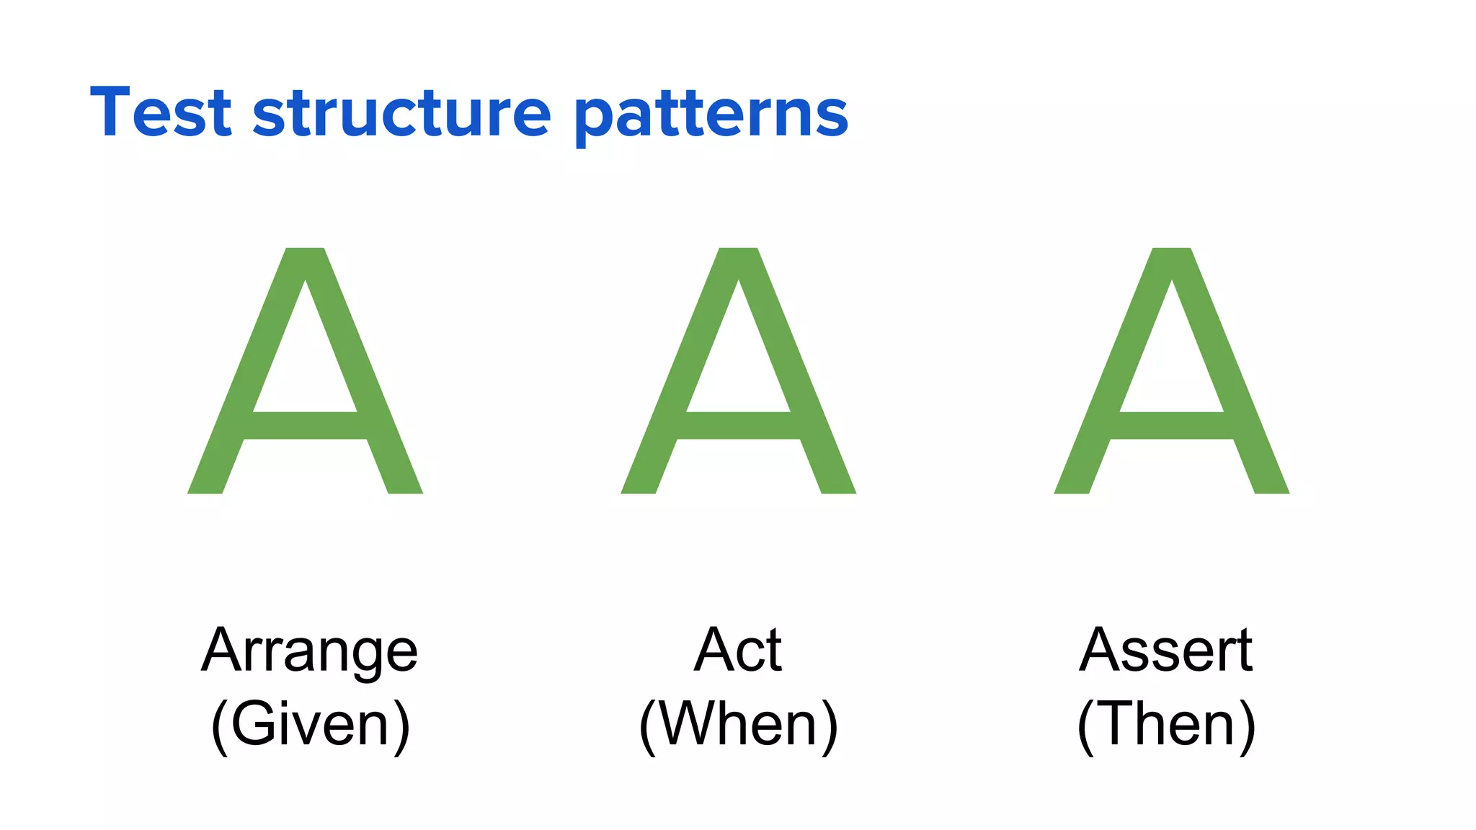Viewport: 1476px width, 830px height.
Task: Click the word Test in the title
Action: (x=160, y=112)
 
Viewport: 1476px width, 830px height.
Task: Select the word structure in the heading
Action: (x=401, y=112)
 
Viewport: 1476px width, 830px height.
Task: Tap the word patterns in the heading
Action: (x=711, y=115)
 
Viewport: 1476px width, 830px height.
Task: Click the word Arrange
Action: (x=309, y=651)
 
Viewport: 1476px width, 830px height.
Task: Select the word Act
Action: (x=737, y=650)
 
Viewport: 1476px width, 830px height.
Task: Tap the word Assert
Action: (x=1165, y=650)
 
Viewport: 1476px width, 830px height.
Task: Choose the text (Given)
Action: (x=310, y=725)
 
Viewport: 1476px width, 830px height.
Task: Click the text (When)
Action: (x=738, y=725)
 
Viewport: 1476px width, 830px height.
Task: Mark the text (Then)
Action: (x=1166, y=725)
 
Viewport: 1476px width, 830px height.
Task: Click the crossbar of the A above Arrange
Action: (x=305, y=426)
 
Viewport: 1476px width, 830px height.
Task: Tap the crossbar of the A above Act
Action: (x=738, y=426)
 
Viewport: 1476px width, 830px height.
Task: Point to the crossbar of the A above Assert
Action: (x=1171, y=426)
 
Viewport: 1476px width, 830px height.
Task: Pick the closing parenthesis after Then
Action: (x=1248, y=726)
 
